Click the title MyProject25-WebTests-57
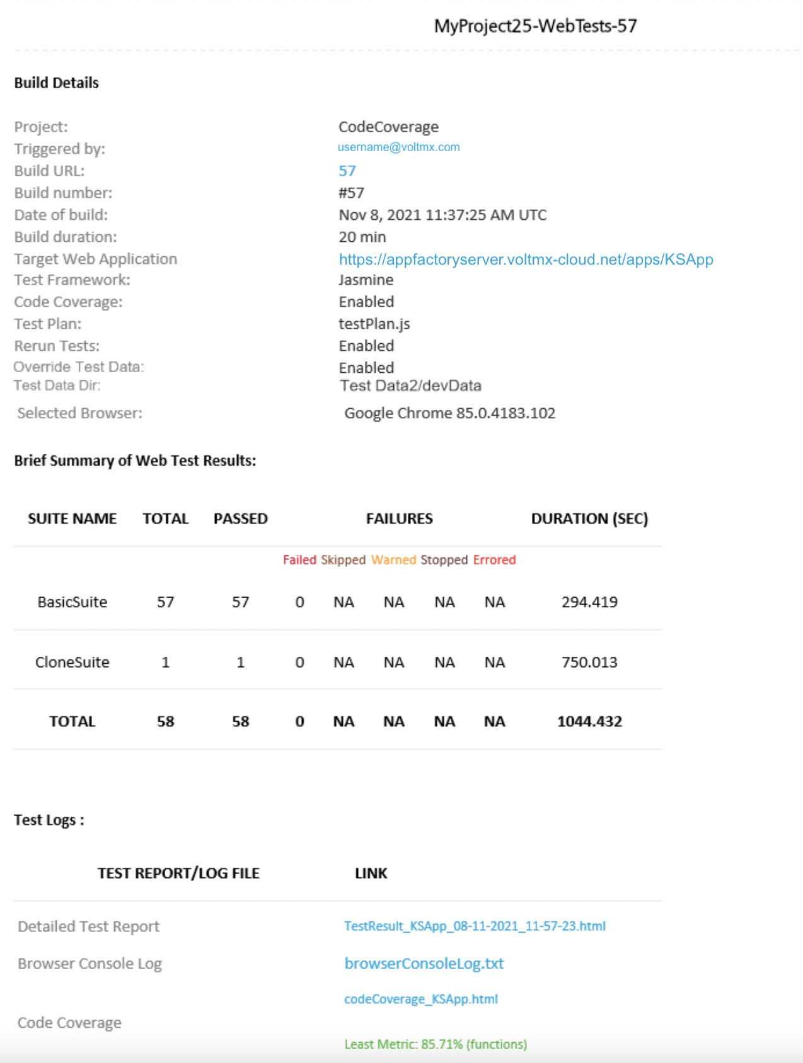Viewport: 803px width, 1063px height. [535, 26]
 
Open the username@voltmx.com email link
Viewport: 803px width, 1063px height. [398, 147]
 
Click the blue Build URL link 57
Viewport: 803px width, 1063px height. [347, 171]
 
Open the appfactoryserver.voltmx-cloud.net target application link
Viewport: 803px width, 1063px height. [526, 259]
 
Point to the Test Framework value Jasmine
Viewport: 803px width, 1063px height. [366, 280]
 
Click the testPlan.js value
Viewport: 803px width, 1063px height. [374, 324]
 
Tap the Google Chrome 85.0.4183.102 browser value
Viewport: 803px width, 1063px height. [449, 413]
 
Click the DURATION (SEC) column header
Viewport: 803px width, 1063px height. [589, 518]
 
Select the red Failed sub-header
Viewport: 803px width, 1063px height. [299, 560]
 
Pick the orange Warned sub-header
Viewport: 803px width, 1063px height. [393, 560]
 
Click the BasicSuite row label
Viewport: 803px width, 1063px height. [72, 602]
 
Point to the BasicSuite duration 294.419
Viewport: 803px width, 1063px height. [589, 602]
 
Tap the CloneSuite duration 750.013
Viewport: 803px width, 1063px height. [589, 662]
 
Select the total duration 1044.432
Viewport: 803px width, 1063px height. [589, 722]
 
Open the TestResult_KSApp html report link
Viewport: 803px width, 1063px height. [475, 926]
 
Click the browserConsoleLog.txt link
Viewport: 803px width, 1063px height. [424, 964]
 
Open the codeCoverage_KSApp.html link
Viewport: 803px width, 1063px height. [420, 999]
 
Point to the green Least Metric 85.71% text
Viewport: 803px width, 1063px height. [436, 1044]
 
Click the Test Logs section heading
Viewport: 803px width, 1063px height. [49, 820]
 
